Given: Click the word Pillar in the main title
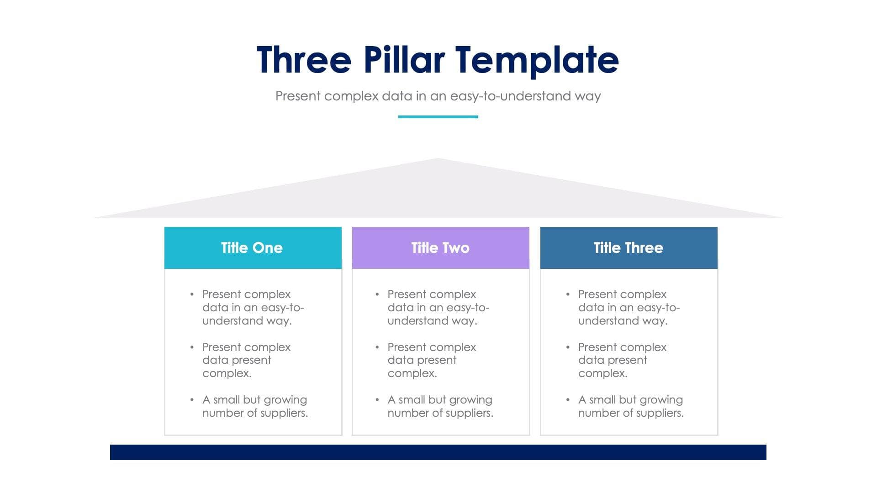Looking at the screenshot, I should pyautogui.click(x=404, y=60).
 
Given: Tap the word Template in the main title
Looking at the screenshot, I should pyautogui.click(x=537, y=60).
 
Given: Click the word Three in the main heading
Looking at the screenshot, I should pyautogui.click(x=304, y=60).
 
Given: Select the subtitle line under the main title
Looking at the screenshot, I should pyautogui.click(x=438, y=96).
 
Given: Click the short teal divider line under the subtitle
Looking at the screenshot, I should pyautogui.click(x=438, y=117).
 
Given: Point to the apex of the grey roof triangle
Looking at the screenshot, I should pyautogui.click(x=438, y=160).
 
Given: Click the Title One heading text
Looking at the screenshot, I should pyautogui.click(x=252, y=248).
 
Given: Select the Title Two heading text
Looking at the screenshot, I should pyautogui.click(x=440, y=248).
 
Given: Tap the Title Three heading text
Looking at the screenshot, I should pyautogui.click(x=628, y=248).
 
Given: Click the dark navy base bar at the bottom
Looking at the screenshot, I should pyautogui.click(x=438, y=452).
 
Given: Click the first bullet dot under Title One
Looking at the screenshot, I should pyautogui.click(x=192, y=294).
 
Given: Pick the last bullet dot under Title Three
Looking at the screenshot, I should pyautogui.click(x=568, y=400).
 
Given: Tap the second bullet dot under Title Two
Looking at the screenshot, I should pyautogui.click(x=377, y=347).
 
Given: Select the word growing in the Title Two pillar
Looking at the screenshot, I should pyautogui.click(x=470, y=400).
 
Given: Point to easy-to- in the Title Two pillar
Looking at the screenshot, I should pyautogui.click(x=468, y=308).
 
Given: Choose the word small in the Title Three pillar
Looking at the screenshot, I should pyautogui.click(x=602, y=400).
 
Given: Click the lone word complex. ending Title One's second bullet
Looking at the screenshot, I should pyautogui.click(x=227, y=373).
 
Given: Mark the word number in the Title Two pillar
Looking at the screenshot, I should pyautogui.click(x=404, y=413).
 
